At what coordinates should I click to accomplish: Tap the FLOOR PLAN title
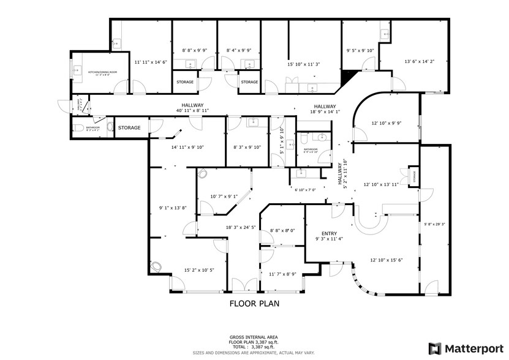tap(254, 303)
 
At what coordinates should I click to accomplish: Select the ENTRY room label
tap(330, 233)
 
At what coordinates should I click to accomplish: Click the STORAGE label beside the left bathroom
tap(129, 128)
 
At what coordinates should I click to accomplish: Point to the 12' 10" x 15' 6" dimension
tap(386, 260)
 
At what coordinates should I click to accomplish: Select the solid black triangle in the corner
tap(349, 75)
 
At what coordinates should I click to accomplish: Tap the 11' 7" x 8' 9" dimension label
tap(282, 274)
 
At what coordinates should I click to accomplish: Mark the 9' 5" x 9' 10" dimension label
tap(360, 51)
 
